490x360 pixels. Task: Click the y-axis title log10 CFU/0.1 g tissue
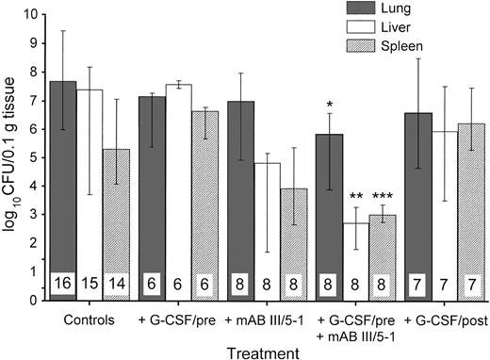pos(12,155)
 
